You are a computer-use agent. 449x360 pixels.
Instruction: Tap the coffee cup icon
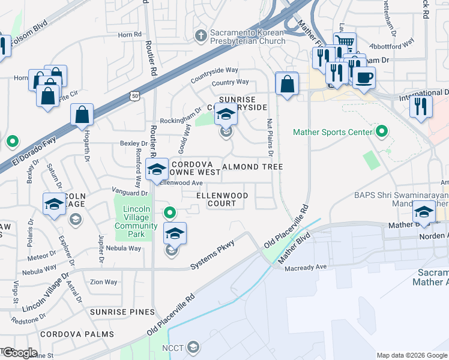point(363,77)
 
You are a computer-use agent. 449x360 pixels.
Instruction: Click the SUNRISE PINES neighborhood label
point(122,312)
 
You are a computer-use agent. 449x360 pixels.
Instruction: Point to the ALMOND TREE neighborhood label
point(253,167)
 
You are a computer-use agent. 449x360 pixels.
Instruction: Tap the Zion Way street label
point(104,282)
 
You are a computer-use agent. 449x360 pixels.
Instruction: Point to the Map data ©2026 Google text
point(411,355)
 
